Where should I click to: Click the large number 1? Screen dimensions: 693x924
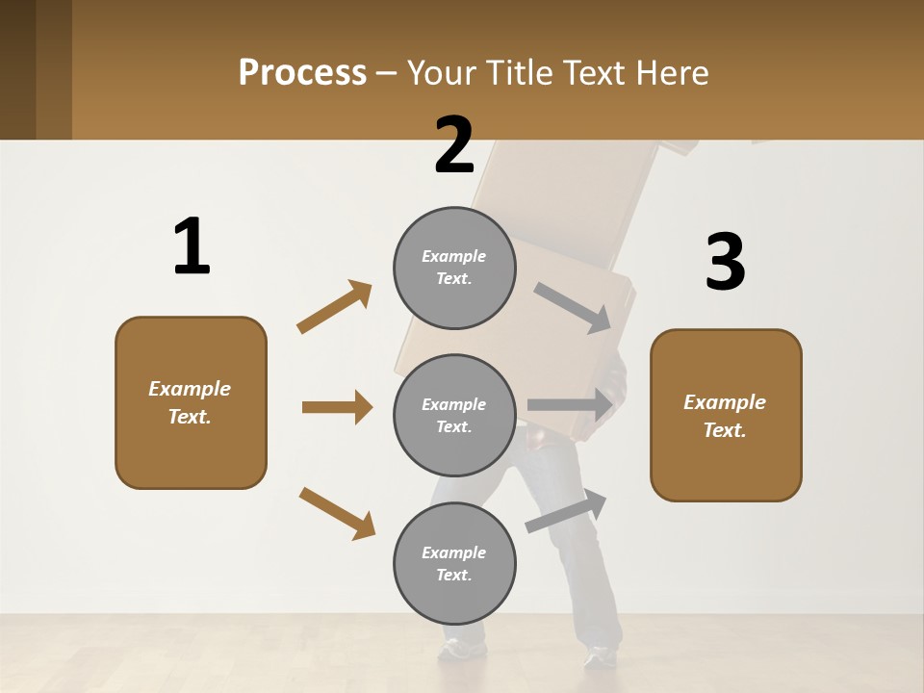(x=191, y=246)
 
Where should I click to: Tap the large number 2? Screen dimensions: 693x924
(x=454, y=145)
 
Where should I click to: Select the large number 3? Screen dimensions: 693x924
(x=725, y=262)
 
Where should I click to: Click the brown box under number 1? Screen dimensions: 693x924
(x=191, y=402)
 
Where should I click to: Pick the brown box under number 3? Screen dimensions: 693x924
(x=726, y=415)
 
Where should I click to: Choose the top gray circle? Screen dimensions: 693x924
(x=454, y=268)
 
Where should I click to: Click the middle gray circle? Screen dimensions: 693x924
(x=454, y=415)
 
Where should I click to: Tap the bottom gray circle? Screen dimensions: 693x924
(x=454, y=563)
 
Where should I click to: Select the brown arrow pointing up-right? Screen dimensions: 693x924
(x=335, y=306)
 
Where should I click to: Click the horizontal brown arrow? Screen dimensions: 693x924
(x=337, y=407)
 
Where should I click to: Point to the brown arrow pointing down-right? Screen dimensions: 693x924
(x=337, y=513)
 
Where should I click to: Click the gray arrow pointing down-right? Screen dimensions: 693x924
(x=573, y=307)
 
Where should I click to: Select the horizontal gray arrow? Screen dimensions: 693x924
(x=570, y=405)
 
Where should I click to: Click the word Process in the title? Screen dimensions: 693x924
(x=302, y=72)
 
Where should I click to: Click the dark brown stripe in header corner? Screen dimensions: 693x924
(x=54, y=69)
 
